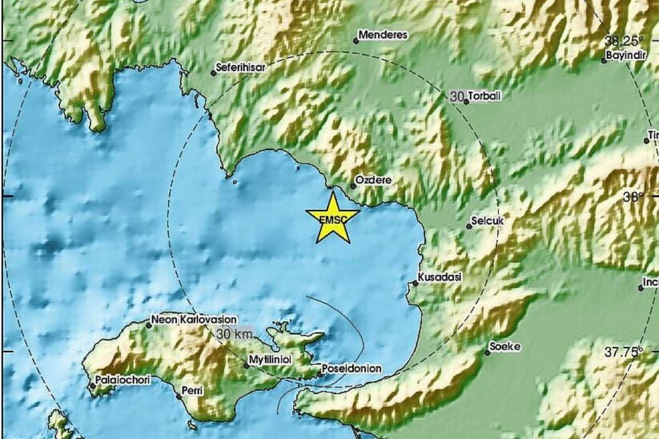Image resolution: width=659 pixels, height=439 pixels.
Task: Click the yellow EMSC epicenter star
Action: point(332,218)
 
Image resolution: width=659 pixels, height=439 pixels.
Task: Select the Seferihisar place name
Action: point(242,67)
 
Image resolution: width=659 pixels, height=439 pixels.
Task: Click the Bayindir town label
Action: point(623,55)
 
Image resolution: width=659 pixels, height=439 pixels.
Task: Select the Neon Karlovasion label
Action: point(194,319)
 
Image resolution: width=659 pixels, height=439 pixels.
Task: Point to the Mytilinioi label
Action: point(271,358)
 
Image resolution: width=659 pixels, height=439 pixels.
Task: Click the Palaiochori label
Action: point(122,379)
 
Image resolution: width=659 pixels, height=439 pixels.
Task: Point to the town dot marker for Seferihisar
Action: point(214,73)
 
